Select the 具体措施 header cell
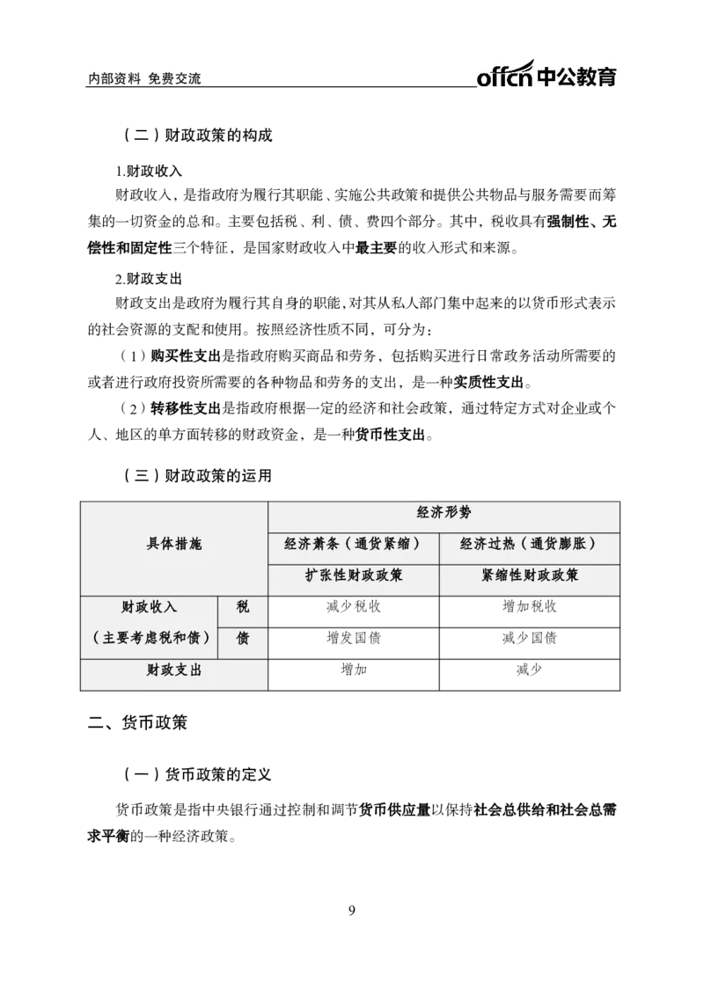coord(173,545)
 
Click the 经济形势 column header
coord(444,513)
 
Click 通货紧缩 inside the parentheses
coord(382,545)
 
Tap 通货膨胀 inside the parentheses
coord(558,545)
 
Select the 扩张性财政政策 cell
coord(354,575)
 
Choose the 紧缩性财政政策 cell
coord(530,575)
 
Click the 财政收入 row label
coord(149,607)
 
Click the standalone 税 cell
coord(243,607)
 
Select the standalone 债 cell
coord(243,639)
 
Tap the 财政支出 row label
coord(173,670)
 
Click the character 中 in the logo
coord(547,77)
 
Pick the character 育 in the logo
coord(608,77)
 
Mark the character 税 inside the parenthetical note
coord(161,639)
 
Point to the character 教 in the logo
coord(588,77)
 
